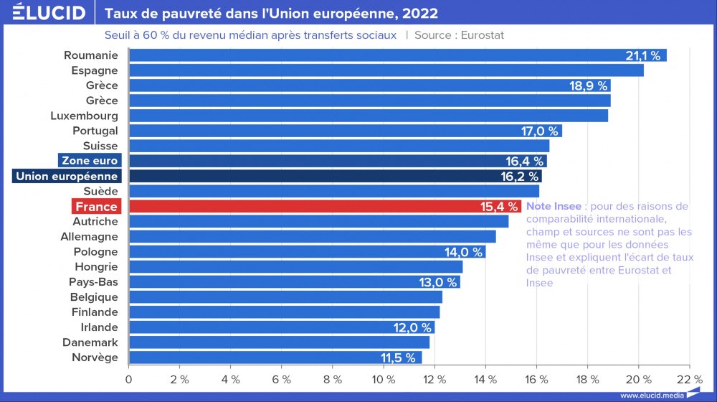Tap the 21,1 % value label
pos(642,55)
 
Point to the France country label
pos(96,207)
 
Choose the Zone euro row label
pos(90,161)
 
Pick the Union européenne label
pos(67,176)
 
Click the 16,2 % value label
pos(519,176)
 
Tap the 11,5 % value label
pos(398,357)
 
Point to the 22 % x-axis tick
pos(689,379)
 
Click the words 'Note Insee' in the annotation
pos(554,207)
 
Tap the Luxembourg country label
pos(84,116)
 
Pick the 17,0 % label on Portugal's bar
pos(539,131)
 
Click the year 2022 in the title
pos(422,14)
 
